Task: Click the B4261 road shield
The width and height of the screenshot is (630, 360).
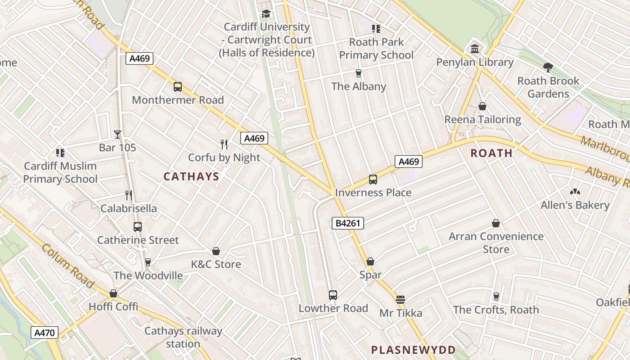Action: pyautogui.click(x=347, y=223)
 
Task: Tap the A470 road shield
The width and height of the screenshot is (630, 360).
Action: pyautogui.click(x=45, y=333)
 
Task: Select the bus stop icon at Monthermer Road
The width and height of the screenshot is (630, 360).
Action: pyautogui.click(x=178, y=87)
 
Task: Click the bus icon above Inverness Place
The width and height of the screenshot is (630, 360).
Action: pyautogui.click(x=373, y=180)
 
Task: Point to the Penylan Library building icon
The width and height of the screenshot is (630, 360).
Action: pyautogui.click(x=475, y=49)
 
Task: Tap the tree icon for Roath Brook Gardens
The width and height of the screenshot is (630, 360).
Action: pyautogui.click(x=548, y=67)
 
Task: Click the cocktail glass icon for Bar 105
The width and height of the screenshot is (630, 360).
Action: pyautogui.click(x=117, y=134)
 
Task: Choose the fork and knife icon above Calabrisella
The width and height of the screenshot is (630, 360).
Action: pyautogui.click(x=129, y=195)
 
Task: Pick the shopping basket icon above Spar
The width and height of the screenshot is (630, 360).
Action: pyautogui.click(x=370, y=261)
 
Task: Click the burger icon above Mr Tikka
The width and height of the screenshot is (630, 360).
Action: pyautogui.click(x=400, y=299)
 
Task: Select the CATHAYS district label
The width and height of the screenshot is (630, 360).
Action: pyautogui.click(x=191, y=176)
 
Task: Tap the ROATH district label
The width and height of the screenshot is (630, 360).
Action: pyautogui.click(x=491, y=153)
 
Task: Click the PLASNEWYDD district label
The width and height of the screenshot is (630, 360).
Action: pyautogui.click(x=413, y=350)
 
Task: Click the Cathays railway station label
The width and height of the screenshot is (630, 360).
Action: pyautogui.click(x=183, y=337)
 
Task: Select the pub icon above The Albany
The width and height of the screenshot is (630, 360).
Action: pyautogui.click(x=359, y=73)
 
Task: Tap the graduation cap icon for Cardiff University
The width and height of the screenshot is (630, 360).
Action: pyautogui.click(x=266, y=13)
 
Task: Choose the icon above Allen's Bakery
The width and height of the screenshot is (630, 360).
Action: pyautogui.click(x=575, y=192)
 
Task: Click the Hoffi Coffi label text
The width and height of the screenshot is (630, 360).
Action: pyautogui.click(x=113, y=306)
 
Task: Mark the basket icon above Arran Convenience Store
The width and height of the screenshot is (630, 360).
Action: pyautogui.click(x=496, y=223)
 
